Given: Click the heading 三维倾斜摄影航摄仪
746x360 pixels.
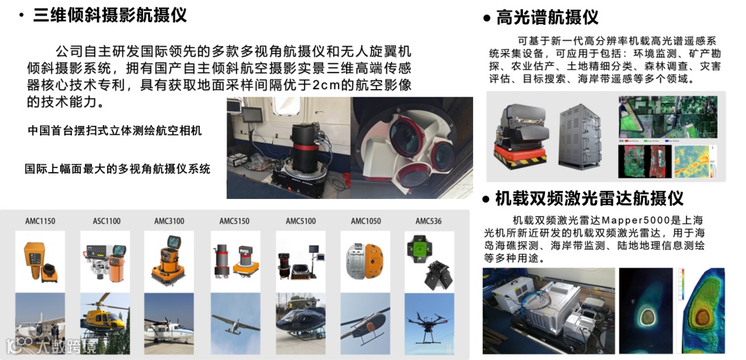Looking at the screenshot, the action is [x=110, y=15].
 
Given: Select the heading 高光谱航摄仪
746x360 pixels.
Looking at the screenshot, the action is [x=547, y=17].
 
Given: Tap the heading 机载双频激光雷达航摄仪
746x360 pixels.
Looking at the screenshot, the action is [x=589, y=198].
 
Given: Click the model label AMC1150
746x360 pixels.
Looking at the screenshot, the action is [x=40, y=221].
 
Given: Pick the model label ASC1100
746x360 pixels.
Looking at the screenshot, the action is [x=106, y=221].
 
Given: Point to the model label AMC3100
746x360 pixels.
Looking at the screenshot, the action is [x=169, y=221].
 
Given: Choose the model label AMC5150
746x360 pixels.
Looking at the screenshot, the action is [x=234, y=221].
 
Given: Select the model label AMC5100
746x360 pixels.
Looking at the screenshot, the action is [x=300, y=221].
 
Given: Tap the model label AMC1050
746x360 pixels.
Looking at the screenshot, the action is [x=366, y=221].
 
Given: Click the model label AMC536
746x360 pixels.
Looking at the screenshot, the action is [x=429, y=221].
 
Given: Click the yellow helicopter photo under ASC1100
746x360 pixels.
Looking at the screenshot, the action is [x=105, y=323].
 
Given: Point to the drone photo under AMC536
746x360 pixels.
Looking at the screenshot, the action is [x=429, y=323].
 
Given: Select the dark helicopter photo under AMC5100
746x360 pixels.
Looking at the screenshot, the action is [x=300, y=323].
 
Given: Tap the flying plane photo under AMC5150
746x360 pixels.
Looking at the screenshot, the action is [x=236, y=323].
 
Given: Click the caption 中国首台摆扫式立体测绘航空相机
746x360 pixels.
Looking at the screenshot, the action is [x=115, y=131].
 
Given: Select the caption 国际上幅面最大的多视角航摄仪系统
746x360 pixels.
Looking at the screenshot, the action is [x=117, y=169].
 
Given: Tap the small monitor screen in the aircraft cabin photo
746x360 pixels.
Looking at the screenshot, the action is [x=251, y=115].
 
